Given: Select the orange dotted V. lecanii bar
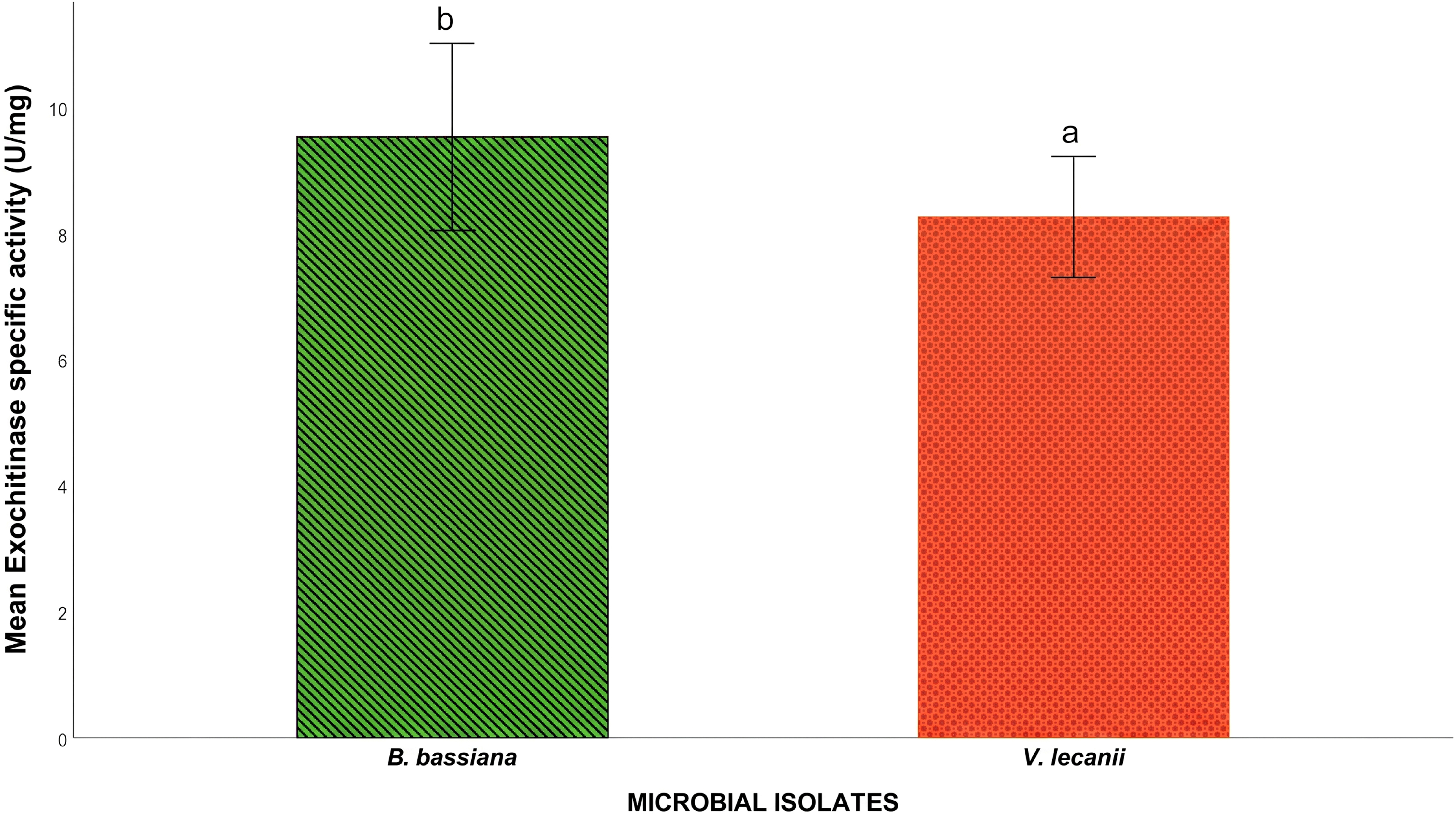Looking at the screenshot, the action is (x=1073, y=477).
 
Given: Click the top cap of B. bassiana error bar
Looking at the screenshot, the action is (x=452, y=43).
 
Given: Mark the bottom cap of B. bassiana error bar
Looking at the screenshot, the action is (x=452, y=230).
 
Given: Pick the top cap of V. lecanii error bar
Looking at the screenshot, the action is (x=1073, y=156).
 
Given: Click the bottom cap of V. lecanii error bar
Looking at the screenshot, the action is (x=1073, y=277).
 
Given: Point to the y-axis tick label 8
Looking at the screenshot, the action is (x=62, y=236).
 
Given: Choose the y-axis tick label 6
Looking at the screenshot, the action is (x=62, y=362).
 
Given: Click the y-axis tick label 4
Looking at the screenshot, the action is (x=62, y=488).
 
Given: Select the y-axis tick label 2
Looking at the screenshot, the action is (x=62, y=614).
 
